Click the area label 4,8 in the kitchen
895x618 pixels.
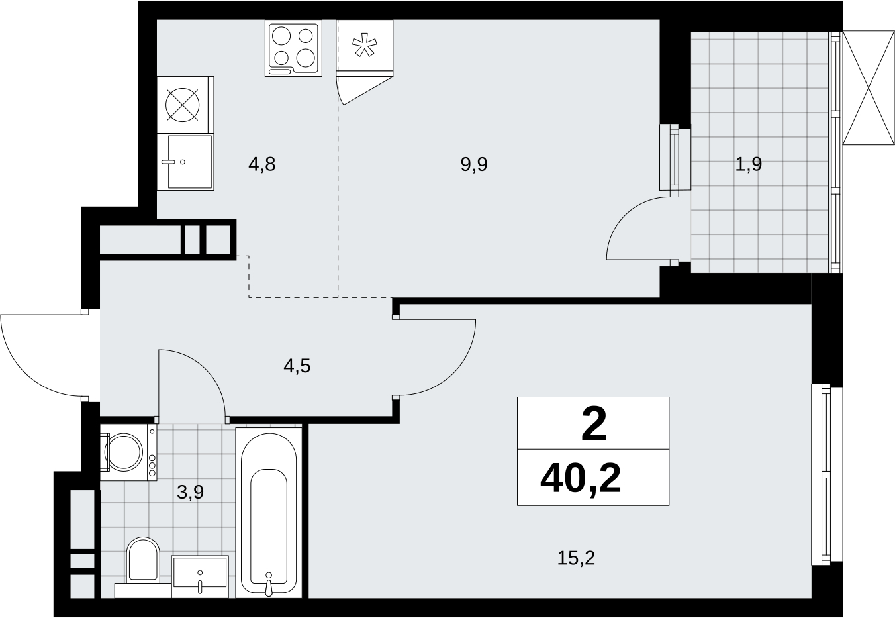262,164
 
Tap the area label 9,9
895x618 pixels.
474,164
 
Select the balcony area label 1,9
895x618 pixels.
748,164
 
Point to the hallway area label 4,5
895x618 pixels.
297,366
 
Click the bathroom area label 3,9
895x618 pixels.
190,492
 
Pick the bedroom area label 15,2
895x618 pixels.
576,558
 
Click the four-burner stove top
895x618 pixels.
294,48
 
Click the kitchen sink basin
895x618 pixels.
190,162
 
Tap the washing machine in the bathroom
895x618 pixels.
128,452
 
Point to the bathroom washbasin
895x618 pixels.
200,576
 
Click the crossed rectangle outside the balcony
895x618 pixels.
869,88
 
